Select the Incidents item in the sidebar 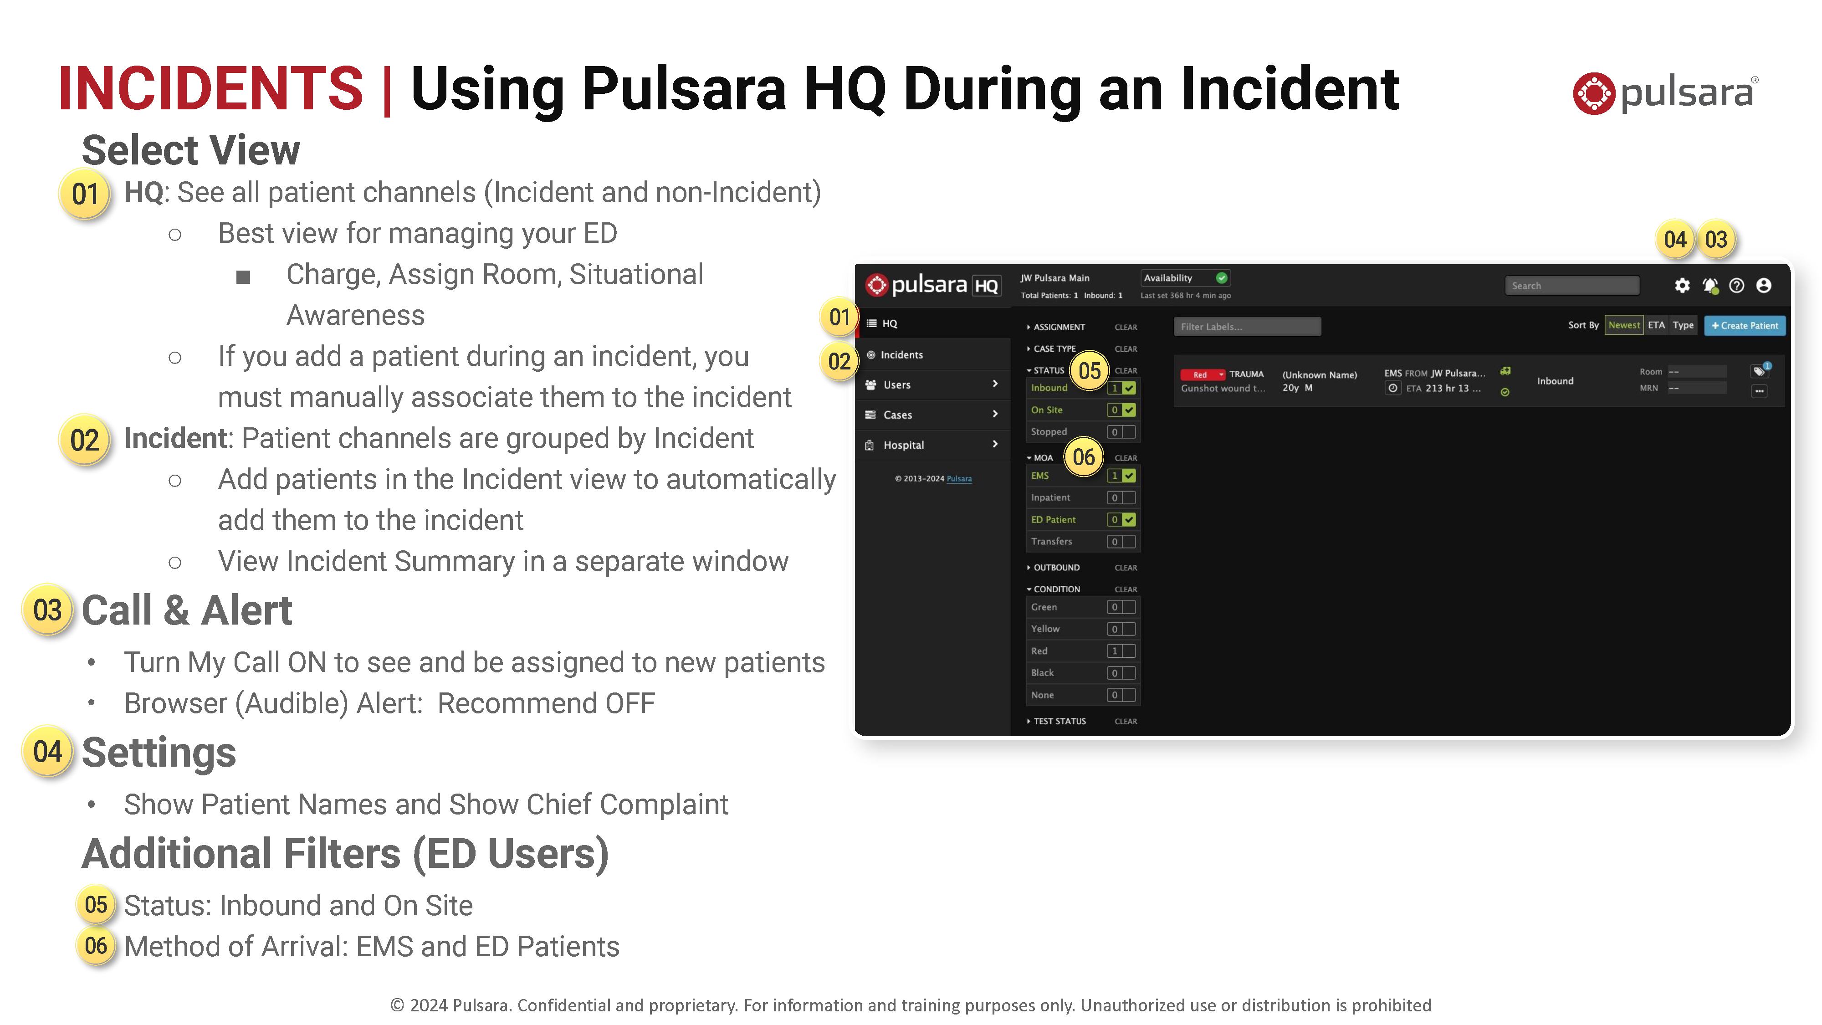901,354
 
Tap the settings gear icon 1682,285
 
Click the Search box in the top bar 1571,285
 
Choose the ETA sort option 1656,325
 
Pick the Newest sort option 1623,325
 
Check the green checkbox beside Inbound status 1129,388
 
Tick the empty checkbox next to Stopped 1129,431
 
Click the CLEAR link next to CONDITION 1125,589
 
